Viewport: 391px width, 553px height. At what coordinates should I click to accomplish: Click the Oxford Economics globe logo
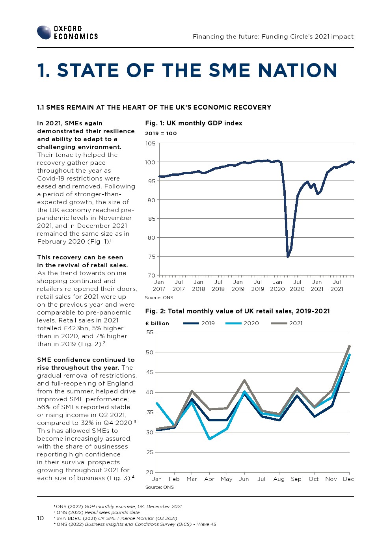pyautogui.click(x=44, y=32)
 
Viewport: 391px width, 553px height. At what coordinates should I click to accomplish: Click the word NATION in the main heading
pyautogui.click(x=298, y=71)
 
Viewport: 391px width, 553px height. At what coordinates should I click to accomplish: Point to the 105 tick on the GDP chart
pyautogui.click(x=151, y=143)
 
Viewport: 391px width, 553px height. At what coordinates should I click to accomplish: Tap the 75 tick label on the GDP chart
pyautogui.click(x=151, y=257)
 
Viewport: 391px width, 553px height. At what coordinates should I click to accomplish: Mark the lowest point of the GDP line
pyautogui.click(x=288, y=257)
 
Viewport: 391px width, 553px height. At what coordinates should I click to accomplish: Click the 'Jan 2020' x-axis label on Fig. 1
pyautogui.click(x=277, y=285)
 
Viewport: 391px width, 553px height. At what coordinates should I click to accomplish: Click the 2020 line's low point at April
pyautogui.click(x=209, y=439)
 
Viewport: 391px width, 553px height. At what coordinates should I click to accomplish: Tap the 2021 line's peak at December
pyautogui.click(x=349, y=346)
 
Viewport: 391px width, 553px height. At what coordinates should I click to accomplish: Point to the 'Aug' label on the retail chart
pyautogui.click(x=279, y=479)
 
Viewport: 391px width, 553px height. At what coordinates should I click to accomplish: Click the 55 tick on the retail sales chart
pyautogui.click(x=150, y=332)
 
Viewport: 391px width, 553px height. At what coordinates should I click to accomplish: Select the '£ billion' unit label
pyautogui.click(x=157, y=323)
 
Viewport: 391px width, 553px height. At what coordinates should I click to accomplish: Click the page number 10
pyautogui.click(x=40, y=518)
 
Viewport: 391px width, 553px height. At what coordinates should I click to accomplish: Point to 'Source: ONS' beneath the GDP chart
pyautogui.click(x=159, y=298)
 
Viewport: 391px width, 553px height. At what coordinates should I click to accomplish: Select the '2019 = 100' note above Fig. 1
pyautogui.click(x=161, y=133)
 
